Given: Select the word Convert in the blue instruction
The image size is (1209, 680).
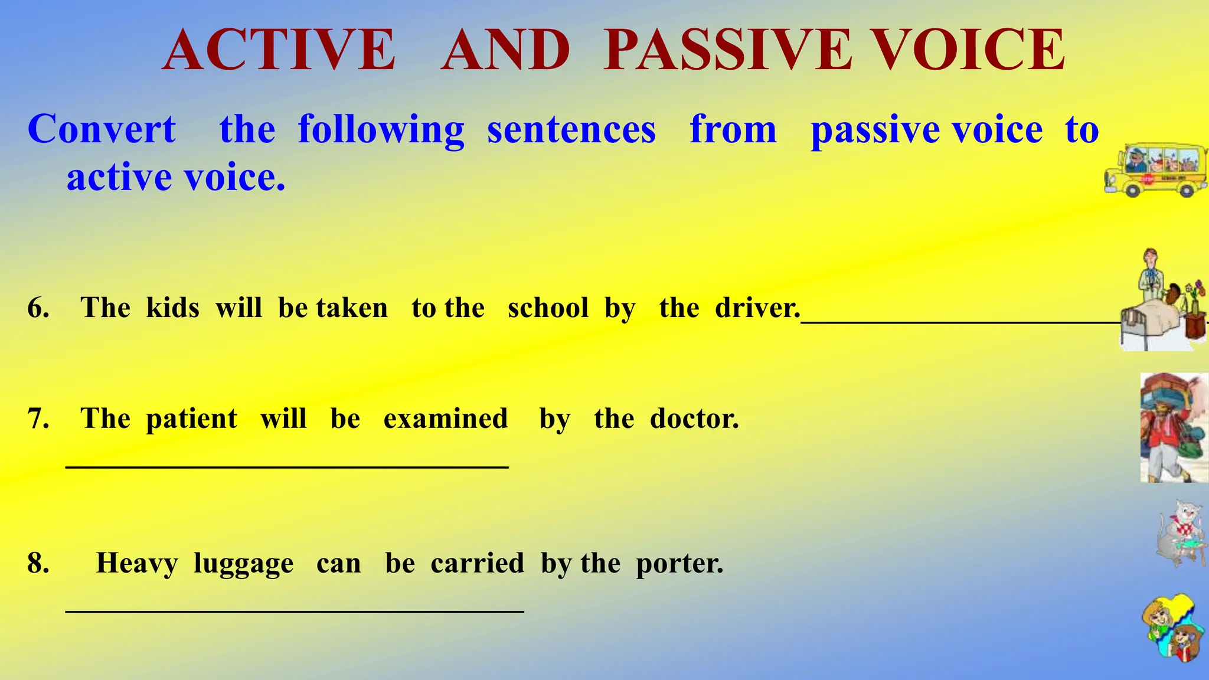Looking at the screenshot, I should click(x=102, y=129).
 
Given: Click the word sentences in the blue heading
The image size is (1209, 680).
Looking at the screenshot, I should click(x=571, y=129).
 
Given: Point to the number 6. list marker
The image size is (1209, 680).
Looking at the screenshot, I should click(x=38, y=308).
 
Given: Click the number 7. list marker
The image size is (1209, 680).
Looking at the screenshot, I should click(x=38, y=419).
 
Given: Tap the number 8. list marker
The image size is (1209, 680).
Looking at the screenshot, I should click(x=38, y=563).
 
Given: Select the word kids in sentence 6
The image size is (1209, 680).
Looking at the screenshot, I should click(x=172, y=308).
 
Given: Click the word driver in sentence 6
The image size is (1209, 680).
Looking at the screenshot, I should click(x=756, y=308).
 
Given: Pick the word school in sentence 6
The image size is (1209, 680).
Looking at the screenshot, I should click(x=548, y=308).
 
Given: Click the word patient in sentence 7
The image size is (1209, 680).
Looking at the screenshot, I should click(x=191, y=419).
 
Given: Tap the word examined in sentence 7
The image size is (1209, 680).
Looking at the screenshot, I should click(x=446, y=419).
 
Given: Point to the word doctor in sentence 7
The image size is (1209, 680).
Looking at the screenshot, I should click(x=694, y=419).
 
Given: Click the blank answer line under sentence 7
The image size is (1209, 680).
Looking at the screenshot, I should click(x=287, y=467).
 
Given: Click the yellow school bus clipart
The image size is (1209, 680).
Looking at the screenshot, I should click(x=1155, y=170).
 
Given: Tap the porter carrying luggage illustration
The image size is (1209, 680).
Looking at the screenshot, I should click(x=1173, y=427).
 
